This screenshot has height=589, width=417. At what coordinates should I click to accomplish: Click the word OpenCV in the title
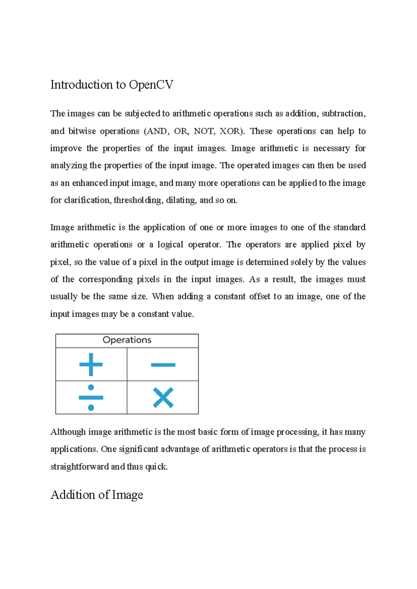(151, 85)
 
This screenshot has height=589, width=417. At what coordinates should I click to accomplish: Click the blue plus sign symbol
(91, 364)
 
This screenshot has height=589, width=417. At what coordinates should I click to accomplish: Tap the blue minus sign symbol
(163, 365)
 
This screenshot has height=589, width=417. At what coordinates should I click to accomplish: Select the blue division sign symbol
(91, 397)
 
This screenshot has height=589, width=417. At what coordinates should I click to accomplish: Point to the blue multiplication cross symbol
(163, 398)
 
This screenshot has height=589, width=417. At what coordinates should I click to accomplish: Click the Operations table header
(127, 340)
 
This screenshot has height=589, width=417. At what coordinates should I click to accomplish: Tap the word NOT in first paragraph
(204, 131)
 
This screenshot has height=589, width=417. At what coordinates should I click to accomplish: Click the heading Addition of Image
(97, 495)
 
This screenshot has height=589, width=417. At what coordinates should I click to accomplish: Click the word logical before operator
(170, 245)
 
